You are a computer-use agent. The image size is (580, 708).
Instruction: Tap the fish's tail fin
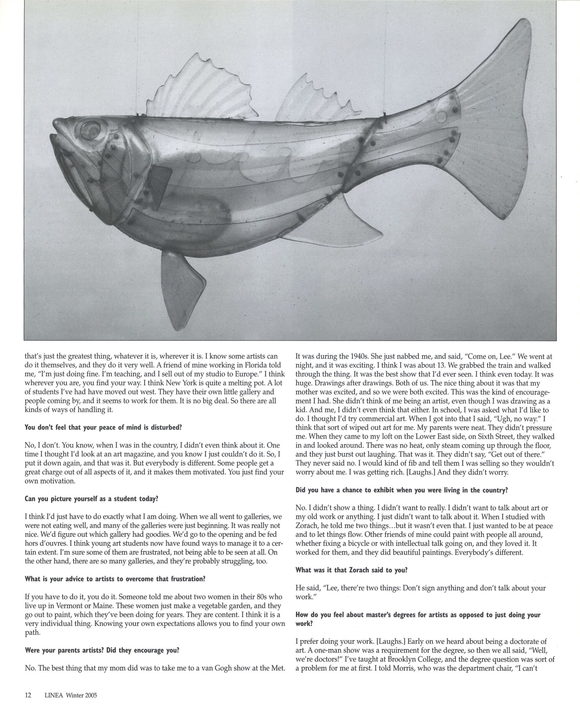pos(494,134)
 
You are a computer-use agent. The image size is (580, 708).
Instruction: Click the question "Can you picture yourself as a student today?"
pos(91,499)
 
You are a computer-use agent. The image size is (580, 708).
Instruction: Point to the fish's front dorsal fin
pos(197,90)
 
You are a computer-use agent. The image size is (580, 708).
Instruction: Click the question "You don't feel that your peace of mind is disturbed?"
pos(103,428)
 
